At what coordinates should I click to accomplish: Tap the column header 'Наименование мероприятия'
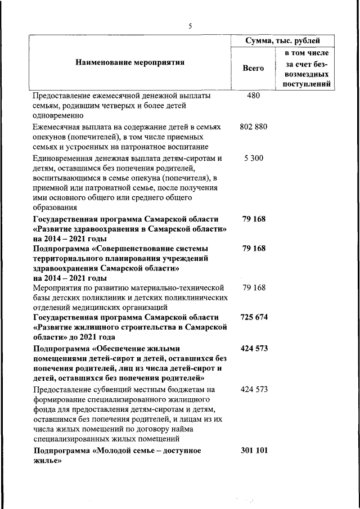130,62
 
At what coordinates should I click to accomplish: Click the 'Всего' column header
253,68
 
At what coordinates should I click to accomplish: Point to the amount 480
253,96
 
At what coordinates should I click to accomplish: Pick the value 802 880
253,127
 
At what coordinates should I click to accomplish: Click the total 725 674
254,318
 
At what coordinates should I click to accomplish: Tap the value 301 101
254,451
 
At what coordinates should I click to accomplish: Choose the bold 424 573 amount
254,349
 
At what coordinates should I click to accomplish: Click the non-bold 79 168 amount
254,287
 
